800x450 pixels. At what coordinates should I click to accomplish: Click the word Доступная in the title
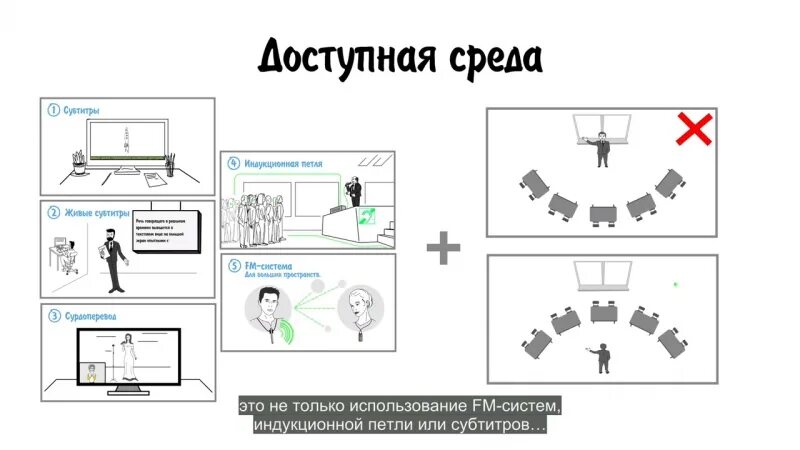point(345,57)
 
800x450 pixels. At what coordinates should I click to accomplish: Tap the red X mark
point(694,130)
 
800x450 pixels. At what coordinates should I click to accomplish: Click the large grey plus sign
point(442,248)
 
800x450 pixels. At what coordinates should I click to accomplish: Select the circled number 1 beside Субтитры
point(53,110)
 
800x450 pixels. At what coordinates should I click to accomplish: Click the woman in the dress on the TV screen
point(128,360)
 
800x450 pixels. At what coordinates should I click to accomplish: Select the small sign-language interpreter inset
point(94,372)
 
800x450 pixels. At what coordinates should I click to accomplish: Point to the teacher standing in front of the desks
point(603,355)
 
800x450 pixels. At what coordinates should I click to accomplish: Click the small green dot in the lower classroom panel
point(675,284)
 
